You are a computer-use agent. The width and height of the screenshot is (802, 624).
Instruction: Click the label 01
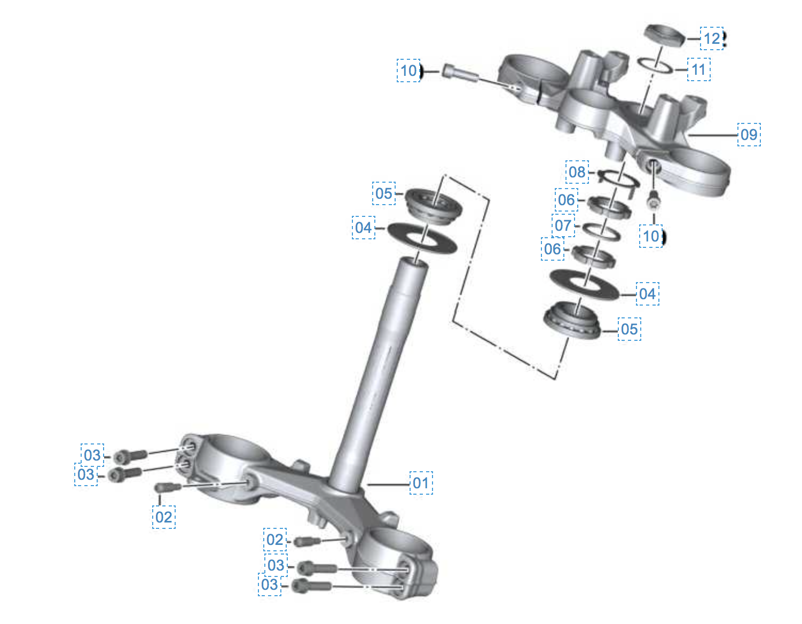coord(421,483)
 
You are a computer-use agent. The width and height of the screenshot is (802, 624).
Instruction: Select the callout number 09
coord(749,135)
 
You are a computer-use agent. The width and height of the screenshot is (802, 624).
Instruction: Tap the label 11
coord(698,69)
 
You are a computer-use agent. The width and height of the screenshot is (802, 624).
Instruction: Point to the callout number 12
coord(712,38)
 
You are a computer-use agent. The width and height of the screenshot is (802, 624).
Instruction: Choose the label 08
coord(577,172)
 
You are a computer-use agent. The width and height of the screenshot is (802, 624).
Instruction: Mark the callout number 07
coord(563,225)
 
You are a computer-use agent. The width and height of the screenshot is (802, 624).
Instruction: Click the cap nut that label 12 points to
coord(664,36)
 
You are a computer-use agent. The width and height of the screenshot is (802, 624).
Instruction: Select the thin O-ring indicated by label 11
coord(655,66)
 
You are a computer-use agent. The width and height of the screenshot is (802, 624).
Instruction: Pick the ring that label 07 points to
coord(601,232)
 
